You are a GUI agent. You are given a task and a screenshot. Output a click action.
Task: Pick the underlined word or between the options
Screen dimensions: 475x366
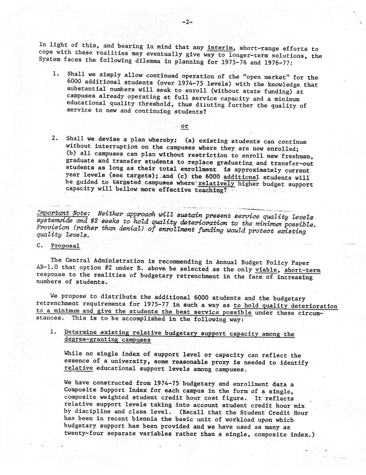(x=185, y=126)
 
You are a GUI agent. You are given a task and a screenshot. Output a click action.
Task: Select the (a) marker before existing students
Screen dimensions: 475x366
(x=190, y=140)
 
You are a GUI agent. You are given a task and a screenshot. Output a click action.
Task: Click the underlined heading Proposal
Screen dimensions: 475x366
(x=65, y=246)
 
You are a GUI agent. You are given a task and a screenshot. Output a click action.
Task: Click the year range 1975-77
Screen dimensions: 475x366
(x=155, y=304)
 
